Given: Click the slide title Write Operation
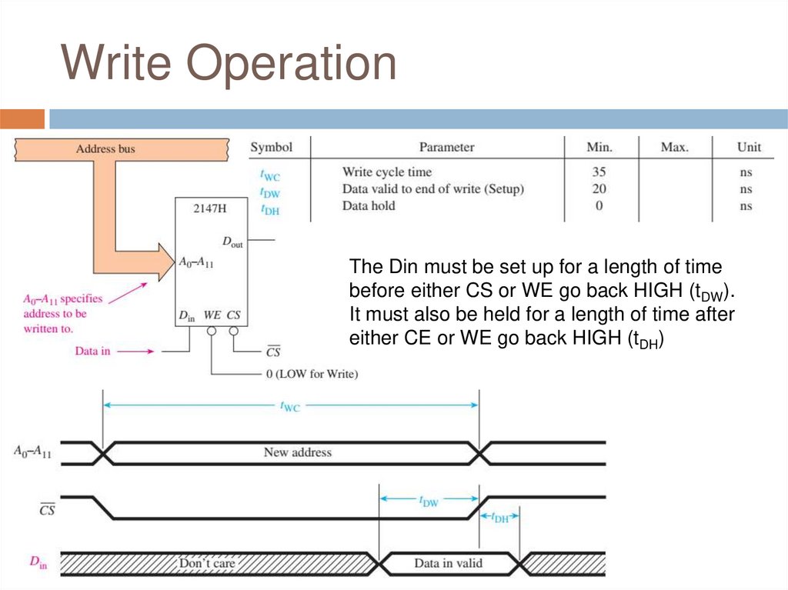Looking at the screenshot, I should point(229,64).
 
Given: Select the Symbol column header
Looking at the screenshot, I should point(272,147).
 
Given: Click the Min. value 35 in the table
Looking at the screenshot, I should point(599,172).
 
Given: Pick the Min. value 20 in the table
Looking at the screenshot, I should point(599,188).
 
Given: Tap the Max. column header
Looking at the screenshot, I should point(675,147).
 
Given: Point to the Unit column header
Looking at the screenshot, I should point(749,147).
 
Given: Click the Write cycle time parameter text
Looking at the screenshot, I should point(387,172).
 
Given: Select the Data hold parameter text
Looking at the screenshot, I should point(369,205).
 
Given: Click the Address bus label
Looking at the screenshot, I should point(105,148).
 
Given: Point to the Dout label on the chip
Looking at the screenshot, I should point(232,242).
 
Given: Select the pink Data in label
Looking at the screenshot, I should point(92,351).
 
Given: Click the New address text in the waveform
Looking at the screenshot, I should point(297,452).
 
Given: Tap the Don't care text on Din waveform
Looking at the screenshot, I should point(207,563).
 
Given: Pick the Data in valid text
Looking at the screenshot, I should point(448,563).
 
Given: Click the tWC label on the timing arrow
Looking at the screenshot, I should point(289,406).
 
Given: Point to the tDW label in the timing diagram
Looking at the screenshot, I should point(429,501).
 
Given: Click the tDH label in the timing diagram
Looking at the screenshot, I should point(499,518).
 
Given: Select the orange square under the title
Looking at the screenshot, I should point(22,119).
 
